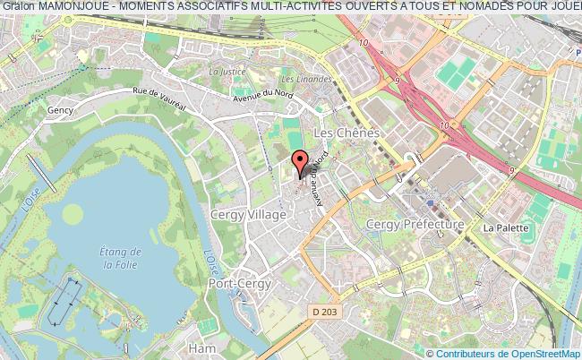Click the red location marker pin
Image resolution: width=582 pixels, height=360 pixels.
pos(301,164)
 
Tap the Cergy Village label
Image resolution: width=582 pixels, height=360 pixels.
pos(248,215)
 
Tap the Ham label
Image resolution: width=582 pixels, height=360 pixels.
pos(198,346)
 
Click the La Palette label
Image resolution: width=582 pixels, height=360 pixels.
pos(501,228)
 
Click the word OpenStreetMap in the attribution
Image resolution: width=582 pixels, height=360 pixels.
pos(542,353)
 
